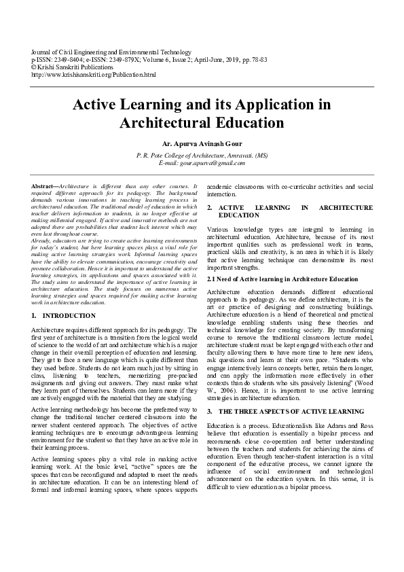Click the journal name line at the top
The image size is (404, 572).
pyautogui.click(x=112, y=52)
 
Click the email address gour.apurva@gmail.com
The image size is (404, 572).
pyautogui.click(x=202, y=164)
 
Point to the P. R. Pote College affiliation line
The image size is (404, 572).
pyautogui.click(x=202, y=156)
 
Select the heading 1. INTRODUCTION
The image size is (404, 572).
pyautogui.click(x=64, y=316)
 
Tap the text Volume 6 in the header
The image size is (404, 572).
pyautogui.click(x=158, y=59)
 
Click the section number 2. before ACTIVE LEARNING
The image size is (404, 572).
pyautogui.click(x=210, y=207)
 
